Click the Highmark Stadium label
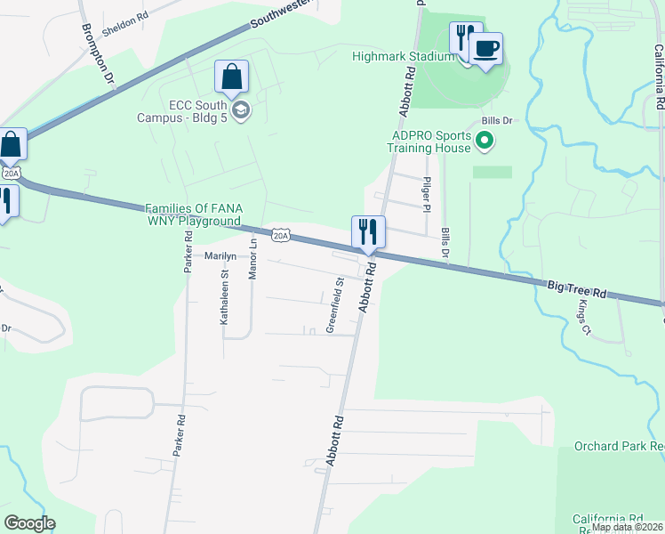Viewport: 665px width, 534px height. [404, 56]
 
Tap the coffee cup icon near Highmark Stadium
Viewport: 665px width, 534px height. [485, 48]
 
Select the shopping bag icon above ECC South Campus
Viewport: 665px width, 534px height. [232, 78]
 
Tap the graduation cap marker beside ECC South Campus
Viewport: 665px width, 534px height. [241, 110]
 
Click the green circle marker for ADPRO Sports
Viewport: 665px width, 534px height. [485, 140]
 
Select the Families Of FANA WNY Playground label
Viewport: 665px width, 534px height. [193, 214]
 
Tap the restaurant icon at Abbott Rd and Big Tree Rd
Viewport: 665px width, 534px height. [368, 232]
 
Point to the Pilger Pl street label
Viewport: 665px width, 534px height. [428, 195]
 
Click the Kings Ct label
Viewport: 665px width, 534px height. [584, 318]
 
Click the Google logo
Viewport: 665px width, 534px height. [29, 523]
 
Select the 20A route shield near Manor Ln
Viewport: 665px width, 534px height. [281, 234]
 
